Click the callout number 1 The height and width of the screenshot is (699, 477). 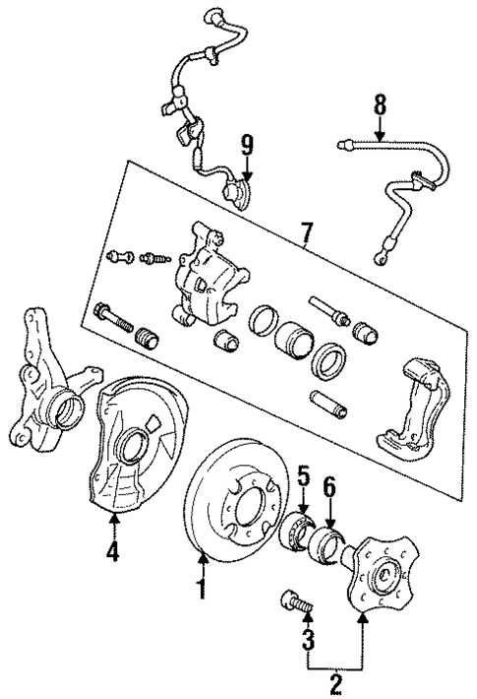coord(203,592)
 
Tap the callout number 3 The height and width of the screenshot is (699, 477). coord(309,641)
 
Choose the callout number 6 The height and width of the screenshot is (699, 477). coord(330,486)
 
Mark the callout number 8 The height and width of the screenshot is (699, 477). coord(378,104)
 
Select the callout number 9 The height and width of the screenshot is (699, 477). coord(246,145)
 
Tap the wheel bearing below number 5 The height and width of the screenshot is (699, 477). coord(297,532)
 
